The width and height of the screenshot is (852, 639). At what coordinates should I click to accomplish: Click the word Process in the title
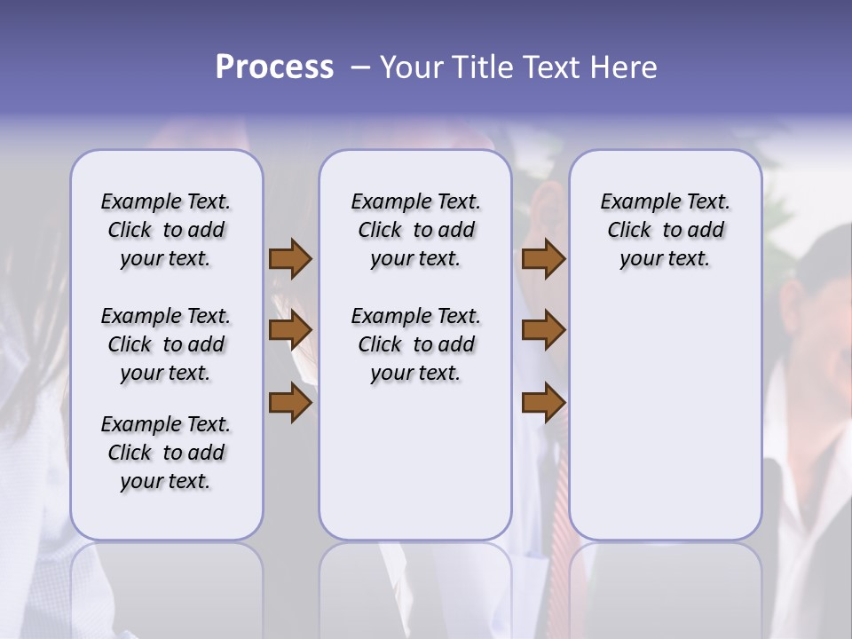274,67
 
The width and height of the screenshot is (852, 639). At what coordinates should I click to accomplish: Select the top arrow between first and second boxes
290,258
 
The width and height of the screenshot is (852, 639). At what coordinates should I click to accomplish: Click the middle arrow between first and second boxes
290,330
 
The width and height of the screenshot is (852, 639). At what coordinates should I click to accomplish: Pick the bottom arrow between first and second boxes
290,403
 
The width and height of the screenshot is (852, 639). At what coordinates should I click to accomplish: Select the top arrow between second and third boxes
543,258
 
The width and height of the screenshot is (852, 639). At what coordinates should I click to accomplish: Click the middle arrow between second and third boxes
543,330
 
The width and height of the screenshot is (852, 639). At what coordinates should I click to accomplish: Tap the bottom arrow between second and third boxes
543,403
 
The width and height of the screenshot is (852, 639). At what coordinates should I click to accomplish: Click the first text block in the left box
166,230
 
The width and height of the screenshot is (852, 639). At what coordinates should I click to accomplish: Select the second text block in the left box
166,344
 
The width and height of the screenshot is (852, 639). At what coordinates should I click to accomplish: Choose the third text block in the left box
166,453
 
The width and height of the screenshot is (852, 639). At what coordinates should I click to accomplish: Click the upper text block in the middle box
415,230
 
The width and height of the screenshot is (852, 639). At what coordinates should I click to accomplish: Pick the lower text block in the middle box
415,344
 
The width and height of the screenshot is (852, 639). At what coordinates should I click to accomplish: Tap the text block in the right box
665,230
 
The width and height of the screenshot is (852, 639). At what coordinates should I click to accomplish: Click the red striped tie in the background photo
565,497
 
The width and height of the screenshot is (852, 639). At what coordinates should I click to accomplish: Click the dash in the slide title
360,67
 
